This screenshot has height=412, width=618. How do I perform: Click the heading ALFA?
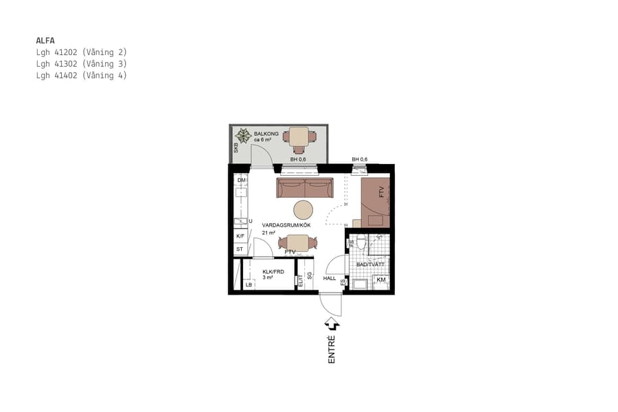click(x=45, y=40)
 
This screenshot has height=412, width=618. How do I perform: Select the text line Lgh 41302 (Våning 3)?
click(x=81, y=64)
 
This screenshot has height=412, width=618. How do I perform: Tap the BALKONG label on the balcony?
click(x=267, y=133)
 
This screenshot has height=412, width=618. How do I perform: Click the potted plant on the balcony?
click(x=242, y=136)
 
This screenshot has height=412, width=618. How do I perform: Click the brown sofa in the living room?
click(x=305, y=187)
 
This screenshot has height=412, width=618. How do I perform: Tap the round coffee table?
click(x=303, y=209)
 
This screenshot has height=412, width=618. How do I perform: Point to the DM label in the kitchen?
click(x=241, y=181)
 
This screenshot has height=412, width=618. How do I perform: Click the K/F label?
click(x=240, y=236)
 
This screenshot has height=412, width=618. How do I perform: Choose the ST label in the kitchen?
click(x=240, y=249)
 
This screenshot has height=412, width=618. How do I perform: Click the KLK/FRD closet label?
click(x=273, y=272)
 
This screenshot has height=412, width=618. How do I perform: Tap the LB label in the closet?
click(x=249, y=284)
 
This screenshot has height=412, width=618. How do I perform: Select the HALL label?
click(x=330, y=278)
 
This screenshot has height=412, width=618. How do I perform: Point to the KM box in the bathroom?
click(x=381, y=280)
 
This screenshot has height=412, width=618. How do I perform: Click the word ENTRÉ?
click(x=332, y=349)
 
